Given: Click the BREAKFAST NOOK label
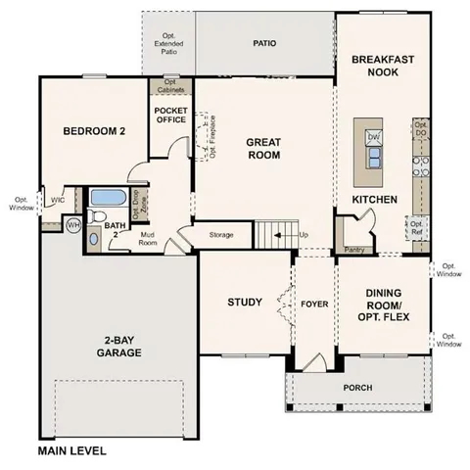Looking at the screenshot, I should (383, 66).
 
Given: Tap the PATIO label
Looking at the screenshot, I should (264, 43).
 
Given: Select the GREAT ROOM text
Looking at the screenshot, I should (263, 148).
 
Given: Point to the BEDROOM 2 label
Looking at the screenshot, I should (93, 132).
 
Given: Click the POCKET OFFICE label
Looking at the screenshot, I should (171, 116).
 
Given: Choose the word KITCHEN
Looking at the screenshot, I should (375, 200).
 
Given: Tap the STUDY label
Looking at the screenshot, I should (244, 302).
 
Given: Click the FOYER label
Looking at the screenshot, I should (312, 303).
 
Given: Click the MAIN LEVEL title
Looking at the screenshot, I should (71, 451).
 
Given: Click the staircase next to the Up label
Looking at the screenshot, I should (274, 234).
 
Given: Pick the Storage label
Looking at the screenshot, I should (221, 235).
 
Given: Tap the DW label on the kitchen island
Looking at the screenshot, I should (373, 138).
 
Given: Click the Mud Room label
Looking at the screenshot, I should (148, 239).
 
